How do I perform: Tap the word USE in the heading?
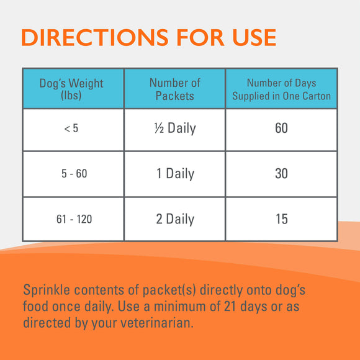[x=248, y=37]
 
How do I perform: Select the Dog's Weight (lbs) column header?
[x=71, y=89]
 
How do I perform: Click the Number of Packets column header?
[x=175, y=89]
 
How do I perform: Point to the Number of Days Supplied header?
[x=281, y=89]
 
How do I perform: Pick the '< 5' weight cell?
[x=72, y=129]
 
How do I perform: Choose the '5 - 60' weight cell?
[x=73, y=174]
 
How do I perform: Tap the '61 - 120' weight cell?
[x=73, y=219]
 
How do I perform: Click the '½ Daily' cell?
[x=175, y=128]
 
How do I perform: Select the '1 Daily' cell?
[x=175, y=174]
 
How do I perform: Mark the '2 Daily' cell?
[x=175, y=219]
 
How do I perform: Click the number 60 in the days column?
[x=281, y=128]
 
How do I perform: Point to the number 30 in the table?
[x=281, y=174]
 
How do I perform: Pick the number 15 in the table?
[x=281, y=219]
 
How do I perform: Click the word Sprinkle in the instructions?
[x=47, y=290]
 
